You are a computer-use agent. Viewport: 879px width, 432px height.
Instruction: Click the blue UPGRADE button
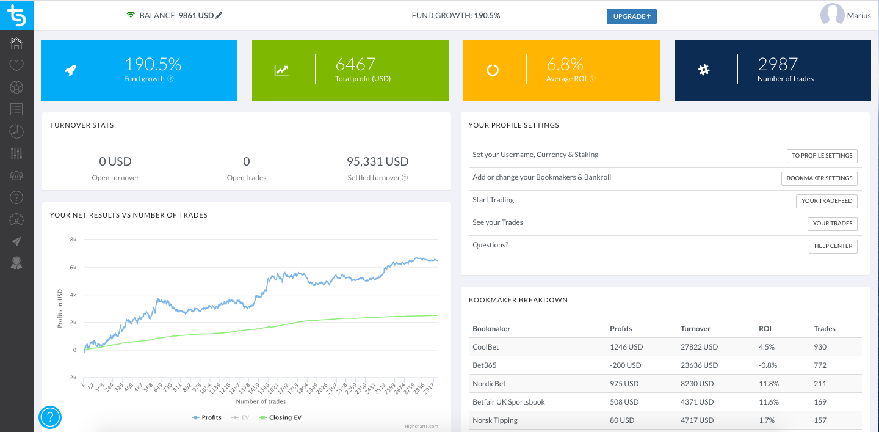click(x=631, y=16)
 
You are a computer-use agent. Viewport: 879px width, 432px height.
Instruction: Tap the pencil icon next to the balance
click(x=219, y=15)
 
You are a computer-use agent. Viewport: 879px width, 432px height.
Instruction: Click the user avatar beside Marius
click(x=832, y=15)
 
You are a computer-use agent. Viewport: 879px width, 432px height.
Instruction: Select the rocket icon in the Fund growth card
click(x=70, y=70)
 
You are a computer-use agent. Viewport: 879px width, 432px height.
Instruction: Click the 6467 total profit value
click(x=355, y=64)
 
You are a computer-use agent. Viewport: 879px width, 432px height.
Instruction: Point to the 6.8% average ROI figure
click(x=565, y=64)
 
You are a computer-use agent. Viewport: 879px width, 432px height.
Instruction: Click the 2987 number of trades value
click(x=778, y=64)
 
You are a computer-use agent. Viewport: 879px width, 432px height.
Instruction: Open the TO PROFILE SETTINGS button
click(x=822, y=156)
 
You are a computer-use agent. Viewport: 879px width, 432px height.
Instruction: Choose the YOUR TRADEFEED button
click(x=827, y=200)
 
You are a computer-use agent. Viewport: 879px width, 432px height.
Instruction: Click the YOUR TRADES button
click(x=832, y=224)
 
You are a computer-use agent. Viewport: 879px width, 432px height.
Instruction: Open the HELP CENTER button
click(x=833, y=246)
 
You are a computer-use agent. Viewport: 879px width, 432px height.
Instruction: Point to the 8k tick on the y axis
click(x=73, y=240)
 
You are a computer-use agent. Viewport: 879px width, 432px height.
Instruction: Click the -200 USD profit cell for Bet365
click(x=625, y=365)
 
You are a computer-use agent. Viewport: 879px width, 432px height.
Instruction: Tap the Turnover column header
click(x=695, y=329)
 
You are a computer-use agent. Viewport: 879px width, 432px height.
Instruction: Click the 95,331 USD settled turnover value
click(x=377, y=162)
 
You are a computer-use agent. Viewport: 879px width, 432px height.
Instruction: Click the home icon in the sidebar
click(x=16, y=43)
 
